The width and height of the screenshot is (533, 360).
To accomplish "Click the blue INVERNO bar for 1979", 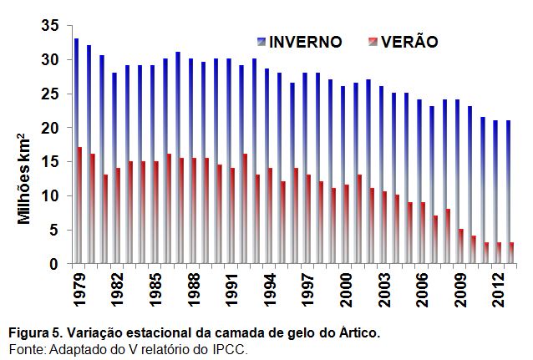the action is click(77, 151).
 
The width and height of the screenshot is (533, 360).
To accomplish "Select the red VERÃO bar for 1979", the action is click(80, 205).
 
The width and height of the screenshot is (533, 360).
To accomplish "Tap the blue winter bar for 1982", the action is click(114, 168).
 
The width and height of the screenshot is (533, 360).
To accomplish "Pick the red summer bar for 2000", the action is click(346, 224).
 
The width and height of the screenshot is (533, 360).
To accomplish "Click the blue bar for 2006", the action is click(419, 181).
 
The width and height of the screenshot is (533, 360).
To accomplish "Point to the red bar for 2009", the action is click(461, 246).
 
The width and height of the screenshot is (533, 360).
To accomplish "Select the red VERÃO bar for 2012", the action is click(499, 253).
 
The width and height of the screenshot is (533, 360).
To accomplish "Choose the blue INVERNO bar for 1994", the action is click(266, 166).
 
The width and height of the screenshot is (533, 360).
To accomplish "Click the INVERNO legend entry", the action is click(300, 42).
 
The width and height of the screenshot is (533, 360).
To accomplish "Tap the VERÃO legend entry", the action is click(404, 42).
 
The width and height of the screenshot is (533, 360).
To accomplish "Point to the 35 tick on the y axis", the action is click(50, 26).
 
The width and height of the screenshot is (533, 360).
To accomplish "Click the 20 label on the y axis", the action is click(50, 128).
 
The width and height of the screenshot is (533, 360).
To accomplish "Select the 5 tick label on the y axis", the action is click(54, 231).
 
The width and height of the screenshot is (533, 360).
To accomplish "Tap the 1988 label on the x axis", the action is click(194, 289).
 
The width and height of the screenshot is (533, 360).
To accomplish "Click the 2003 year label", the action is click(384, 289).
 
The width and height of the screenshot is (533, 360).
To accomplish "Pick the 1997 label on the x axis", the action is click(308, 289).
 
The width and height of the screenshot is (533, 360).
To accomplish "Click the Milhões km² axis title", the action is click(23, 179).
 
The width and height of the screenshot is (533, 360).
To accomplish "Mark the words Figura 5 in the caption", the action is click(36, 333).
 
